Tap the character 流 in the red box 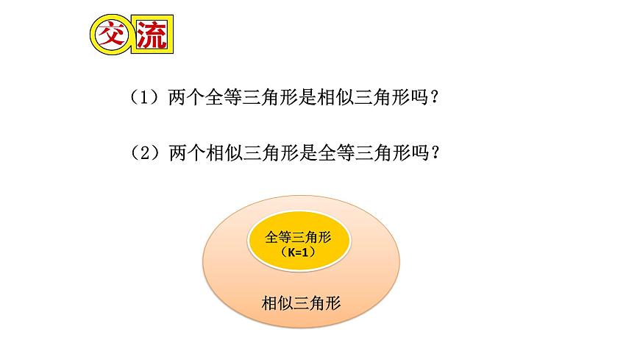[149, 35]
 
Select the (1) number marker [144, 97]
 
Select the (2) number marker [144, 154]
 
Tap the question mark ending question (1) [436, 97]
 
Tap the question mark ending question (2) [436, 154]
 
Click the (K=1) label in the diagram [298, 252]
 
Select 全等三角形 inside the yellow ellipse [298, 237]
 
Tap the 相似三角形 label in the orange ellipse [302, 303]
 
